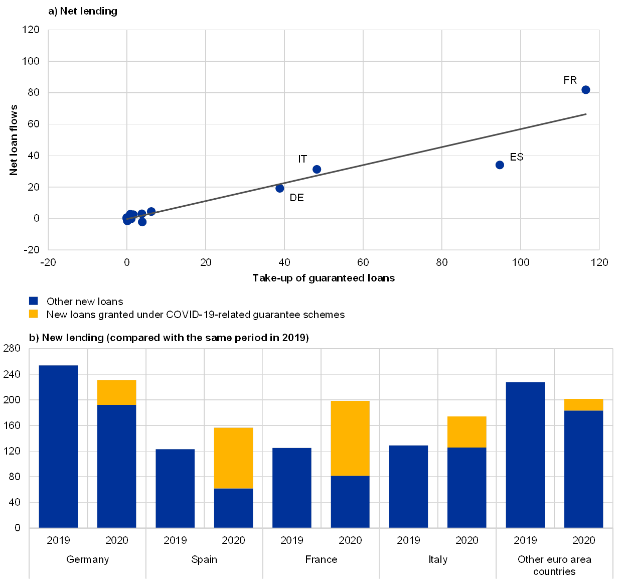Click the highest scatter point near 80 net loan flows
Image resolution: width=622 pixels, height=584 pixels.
click(x=585, y=90)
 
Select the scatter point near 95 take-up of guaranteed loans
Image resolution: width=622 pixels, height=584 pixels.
click(x=500, y=165)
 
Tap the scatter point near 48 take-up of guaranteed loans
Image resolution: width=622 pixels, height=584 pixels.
click(x=317, y=170)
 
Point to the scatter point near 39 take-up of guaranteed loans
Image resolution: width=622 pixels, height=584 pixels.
click(x=280, y=188)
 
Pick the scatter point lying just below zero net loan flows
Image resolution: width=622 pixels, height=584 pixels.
click(x=142, y=222)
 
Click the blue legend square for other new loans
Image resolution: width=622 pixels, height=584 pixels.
click(x=33, y=301)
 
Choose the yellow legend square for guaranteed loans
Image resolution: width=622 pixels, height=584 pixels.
click(x=33, y=314)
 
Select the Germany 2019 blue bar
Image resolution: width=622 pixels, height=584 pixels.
click(x=58, y=447)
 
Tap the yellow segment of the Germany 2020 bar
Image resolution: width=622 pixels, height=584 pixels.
click(x=116, y=392)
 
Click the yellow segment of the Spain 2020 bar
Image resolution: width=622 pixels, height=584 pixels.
click(x=233, y=458)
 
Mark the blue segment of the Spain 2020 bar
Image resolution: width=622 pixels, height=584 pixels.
click(x=233, y=508)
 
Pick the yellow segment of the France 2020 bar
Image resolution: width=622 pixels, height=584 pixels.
click(x=350, y=438)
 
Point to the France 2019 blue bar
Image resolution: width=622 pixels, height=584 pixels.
click(x=292, y=487)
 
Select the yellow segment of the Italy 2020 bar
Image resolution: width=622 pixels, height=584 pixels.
click(x=466, y=432)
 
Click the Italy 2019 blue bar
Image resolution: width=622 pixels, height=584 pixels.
click(x=408, y=486)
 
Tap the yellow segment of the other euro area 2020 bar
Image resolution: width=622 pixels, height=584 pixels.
click(x=583, y=405)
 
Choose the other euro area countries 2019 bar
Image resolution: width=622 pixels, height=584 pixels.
click(x=525, y=455)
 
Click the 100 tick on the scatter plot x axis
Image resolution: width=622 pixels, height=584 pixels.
click(x=520, y=262)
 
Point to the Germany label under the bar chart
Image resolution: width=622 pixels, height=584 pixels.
click(x=88, y=559)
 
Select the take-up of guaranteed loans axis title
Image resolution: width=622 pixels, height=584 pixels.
click(x=327, y=278)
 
